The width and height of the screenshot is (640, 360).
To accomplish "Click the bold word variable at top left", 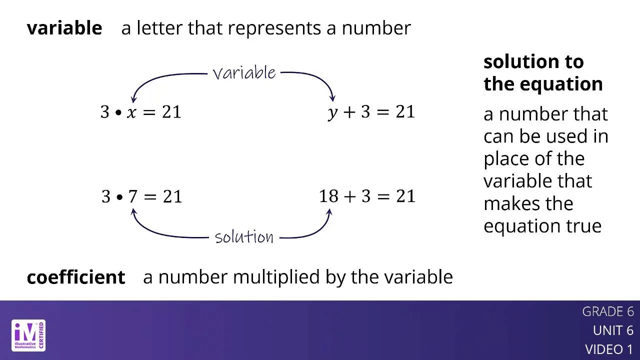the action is point(64,28).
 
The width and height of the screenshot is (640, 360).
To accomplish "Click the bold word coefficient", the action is point(76,277).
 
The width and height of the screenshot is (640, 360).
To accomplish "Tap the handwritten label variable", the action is point(244,72).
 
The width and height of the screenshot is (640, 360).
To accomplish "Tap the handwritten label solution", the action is point(244,237).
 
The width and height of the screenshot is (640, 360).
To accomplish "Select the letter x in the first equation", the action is point(131,112).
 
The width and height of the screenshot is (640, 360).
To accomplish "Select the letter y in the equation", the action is point(333,113).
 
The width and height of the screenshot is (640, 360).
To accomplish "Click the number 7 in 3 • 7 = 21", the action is point(133,196).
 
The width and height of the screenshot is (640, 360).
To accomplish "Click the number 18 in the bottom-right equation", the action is point(329,196).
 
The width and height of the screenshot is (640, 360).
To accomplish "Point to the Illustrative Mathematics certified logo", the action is point(28,335).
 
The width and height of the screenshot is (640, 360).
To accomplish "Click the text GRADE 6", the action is point(608,311).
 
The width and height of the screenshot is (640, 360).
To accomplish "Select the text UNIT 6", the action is point(613,330).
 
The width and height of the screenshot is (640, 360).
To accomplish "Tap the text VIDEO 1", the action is point(609,349).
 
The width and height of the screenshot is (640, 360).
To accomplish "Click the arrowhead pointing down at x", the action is point(133,99).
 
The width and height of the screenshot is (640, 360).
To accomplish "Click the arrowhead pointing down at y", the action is point(332,98).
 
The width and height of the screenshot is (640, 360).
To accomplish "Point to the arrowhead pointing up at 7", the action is point(133,212).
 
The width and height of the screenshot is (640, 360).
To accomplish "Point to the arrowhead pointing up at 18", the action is point(329,212).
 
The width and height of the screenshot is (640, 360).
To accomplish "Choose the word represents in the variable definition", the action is point(274,28).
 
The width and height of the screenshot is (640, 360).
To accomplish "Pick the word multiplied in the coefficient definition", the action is point(276,277).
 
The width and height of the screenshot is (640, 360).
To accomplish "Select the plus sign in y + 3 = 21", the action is point(349,111).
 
